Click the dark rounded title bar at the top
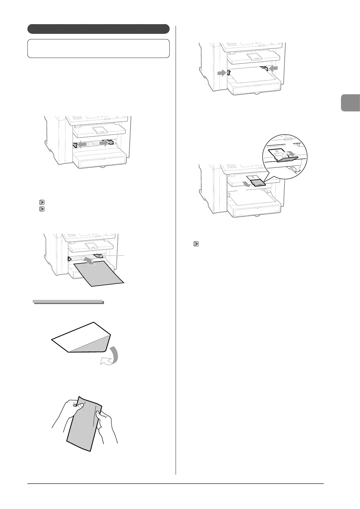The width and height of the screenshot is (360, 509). pyautogui.click(x=98, y=29)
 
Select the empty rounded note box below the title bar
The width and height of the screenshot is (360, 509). pyautogui.click(x=98, y=48)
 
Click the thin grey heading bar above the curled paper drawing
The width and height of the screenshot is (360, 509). pyautogui.click(x=68, y=302)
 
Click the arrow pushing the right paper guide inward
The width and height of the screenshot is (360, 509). pyautogui.click(x=273, y=69)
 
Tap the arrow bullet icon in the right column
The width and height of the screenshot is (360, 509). pyautogui.click(x=196, y=243)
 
